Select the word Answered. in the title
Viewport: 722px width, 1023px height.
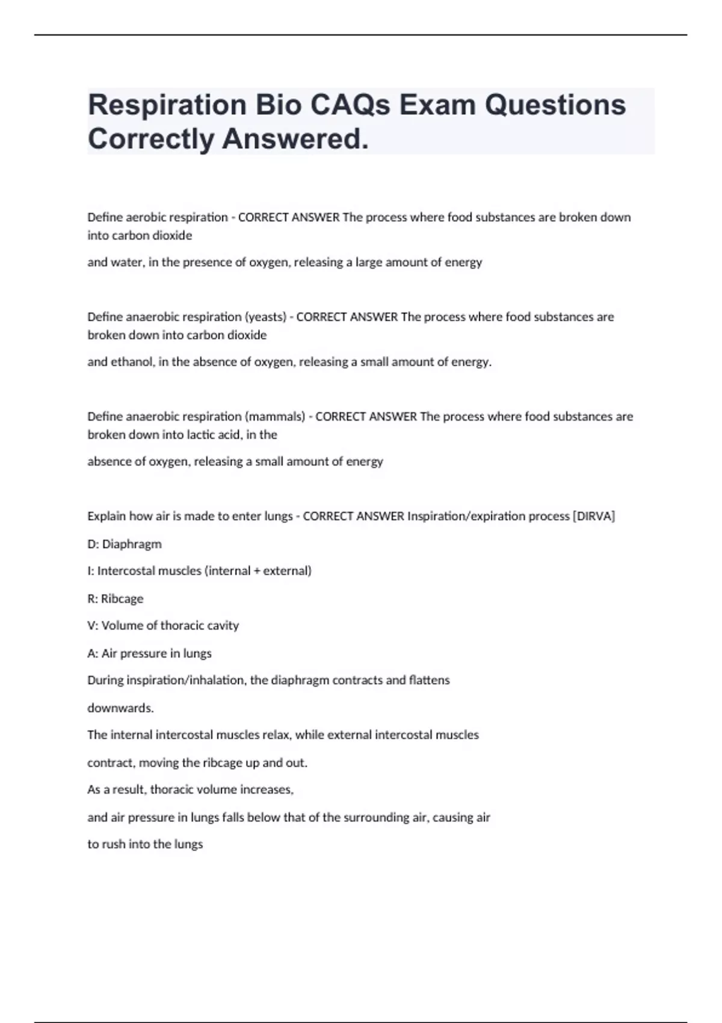295,139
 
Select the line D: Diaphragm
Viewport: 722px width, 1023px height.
125,544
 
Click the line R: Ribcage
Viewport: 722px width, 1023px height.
116,599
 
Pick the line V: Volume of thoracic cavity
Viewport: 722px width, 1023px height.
163,625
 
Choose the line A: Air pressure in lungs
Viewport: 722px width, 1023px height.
149,653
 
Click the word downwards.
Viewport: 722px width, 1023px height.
120,708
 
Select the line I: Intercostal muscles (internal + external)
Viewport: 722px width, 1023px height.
199,570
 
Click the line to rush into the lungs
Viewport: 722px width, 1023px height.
145,844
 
